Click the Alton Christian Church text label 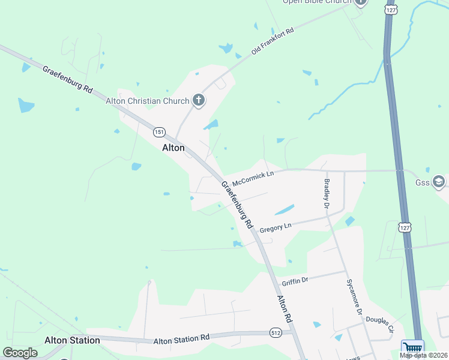pos(148,101)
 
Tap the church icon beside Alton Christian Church pos(199,101)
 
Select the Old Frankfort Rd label pos(273,41)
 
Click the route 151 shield pos(159,132)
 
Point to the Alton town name pos(173,148)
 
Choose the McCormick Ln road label pos(253,178)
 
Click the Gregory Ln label pos(275,227)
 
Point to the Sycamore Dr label pos(355,297)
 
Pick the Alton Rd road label pos(284,310)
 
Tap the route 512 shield pos(276,334)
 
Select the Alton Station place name pos(72,340)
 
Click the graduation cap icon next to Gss pos(439,182)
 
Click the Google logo pos(20,353)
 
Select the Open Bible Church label pos(318,2)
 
